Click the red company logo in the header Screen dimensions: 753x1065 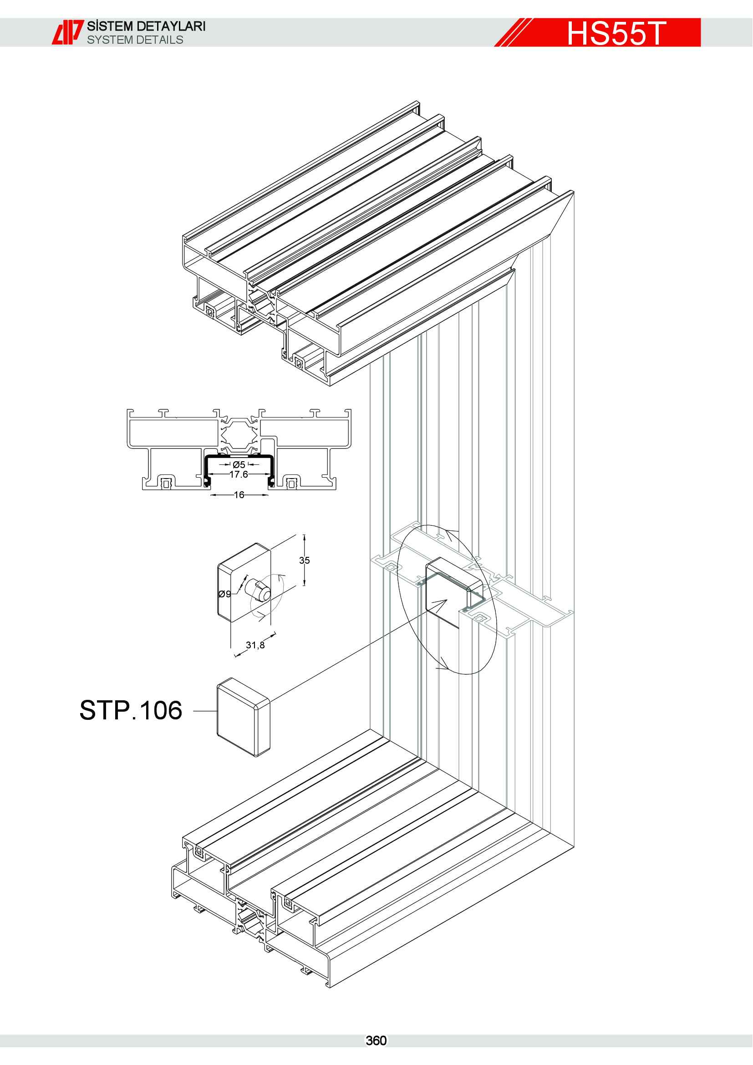pos(67,32)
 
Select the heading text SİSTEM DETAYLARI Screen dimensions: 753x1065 pos(146,26)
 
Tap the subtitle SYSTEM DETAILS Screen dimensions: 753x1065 pos(135,40)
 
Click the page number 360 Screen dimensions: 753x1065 pos(376,1040)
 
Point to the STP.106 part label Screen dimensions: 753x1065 pos(131,710)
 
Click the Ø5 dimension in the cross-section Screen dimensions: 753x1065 pos(239,464)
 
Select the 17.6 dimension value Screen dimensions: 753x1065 pos(238,474)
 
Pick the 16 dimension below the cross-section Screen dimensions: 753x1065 pos(239,495)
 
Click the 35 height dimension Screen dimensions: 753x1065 pos(304,560)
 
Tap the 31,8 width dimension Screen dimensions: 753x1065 pos(255,645)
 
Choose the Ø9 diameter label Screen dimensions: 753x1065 pos(224,594)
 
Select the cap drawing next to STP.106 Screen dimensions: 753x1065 pos(244,717)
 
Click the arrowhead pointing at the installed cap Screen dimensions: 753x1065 pos(441,604)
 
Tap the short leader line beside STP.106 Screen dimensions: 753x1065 pos(204,711)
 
